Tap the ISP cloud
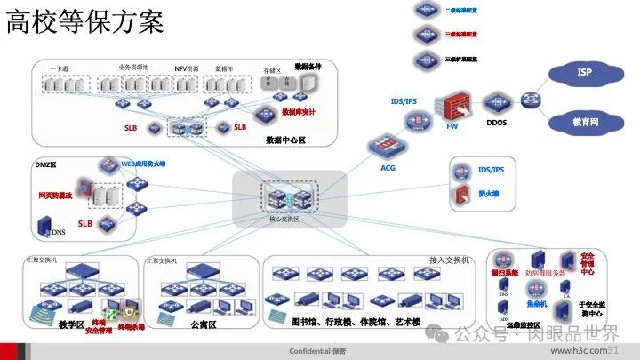[584, 72]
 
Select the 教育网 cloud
[584, 121]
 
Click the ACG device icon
[388, 146]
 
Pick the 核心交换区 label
[285, 219]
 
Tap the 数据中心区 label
[285, 140]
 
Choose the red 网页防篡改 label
[52, 193]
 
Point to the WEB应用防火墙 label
[124, 164]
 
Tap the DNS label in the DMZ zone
[59, 233]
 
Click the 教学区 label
[70, 325]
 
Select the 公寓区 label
[204, 325]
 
